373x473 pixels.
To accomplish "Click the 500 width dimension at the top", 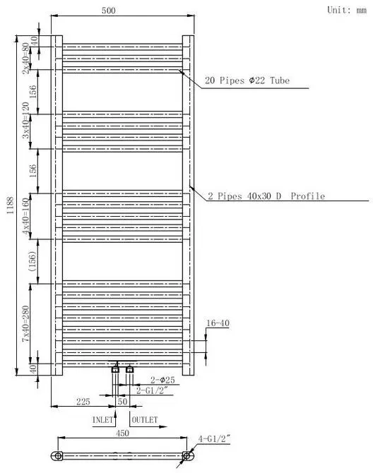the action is [108, 11].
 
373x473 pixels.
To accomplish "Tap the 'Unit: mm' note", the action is [347, 10].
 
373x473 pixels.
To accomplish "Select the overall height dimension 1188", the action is [11, 205].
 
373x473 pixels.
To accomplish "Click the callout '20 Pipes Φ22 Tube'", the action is [247, 80].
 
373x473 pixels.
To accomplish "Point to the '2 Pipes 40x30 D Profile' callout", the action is [266, 196].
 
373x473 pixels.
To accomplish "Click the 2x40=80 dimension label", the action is [27, 58].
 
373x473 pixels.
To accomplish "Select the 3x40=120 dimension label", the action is [26, 120].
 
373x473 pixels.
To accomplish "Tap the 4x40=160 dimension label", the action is [26, 216].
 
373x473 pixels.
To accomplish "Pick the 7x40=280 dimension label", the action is [26, 323].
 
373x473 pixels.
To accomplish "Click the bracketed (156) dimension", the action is [32, 261].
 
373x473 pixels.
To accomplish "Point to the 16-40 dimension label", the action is [218, 323].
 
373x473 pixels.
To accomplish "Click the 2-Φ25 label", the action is [162, 380].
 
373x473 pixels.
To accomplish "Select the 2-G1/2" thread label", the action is [151, 390].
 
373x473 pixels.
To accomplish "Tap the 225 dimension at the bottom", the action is [83, 402].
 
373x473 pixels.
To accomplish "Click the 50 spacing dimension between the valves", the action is [122, 402].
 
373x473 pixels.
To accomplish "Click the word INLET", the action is [102, 419].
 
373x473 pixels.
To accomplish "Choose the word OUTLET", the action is [145, 419].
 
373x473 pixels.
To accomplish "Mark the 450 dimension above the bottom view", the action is [122, 433].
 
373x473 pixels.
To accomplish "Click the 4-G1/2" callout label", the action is [214, 438].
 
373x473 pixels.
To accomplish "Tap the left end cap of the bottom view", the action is [57, 455].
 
